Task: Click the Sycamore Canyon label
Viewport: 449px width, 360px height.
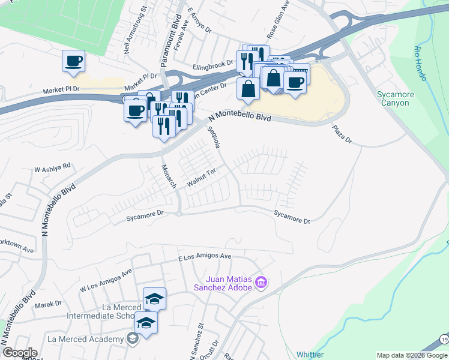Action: [x=394, y=98]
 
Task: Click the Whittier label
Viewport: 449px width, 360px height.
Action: [x=310, y=355]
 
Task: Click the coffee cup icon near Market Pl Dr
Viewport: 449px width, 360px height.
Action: [x=73, y=61]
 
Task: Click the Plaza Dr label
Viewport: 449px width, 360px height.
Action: [x=342, y=134]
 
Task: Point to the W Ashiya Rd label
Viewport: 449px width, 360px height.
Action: [x=52, y=167]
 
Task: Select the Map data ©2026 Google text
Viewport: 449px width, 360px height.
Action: [x=412, y=355]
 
